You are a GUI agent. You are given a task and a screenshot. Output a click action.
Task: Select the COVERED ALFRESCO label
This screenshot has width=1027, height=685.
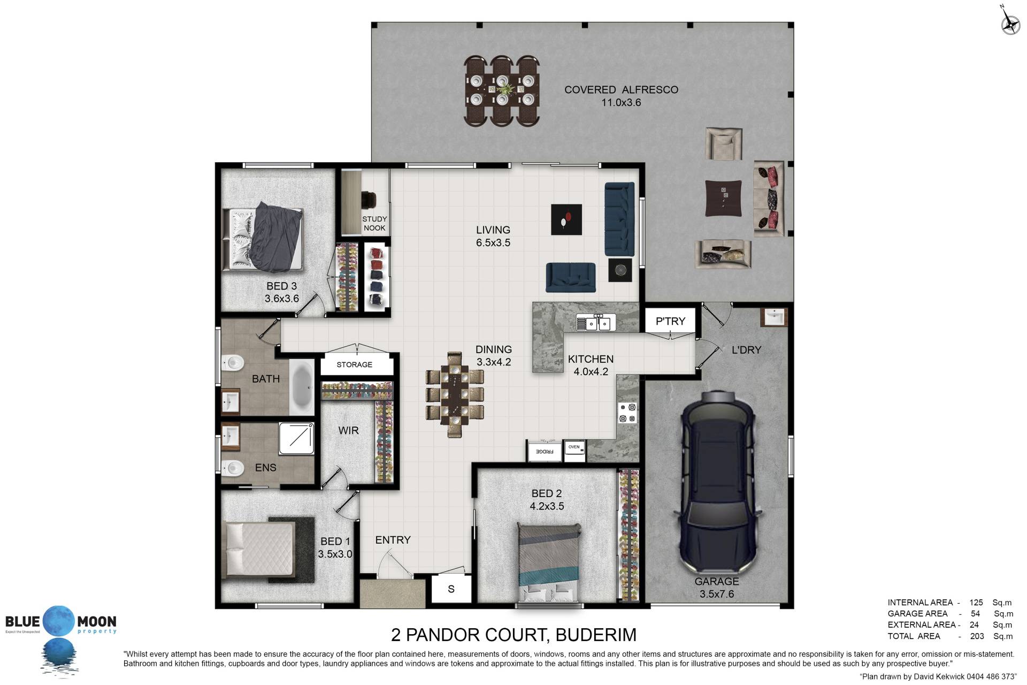[x=621, y=90]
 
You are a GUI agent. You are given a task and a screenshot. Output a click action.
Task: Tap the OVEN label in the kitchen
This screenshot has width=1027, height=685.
[x=574, y=447]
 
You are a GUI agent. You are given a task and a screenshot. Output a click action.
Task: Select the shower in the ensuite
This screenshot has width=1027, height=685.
[x=296, y=438]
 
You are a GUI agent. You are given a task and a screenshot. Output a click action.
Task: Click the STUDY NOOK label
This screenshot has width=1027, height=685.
[x=374, y=223]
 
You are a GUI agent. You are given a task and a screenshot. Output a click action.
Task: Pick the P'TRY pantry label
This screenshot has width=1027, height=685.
[x=670, y=321]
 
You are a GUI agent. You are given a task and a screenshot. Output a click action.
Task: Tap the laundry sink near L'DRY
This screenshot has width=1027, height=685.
[x=773, y=317]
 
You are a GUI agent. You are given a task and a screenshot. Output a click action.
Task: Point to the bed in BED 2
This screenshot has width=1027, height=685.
[x=549, y=564]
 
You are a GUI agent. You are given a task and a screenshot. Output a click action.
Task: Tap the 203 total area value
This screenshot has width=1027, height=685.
[x=977, y=636]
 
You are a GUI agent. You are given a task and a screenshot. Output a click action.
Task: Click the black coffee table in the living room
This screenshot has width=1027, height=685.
[x=566, y=219]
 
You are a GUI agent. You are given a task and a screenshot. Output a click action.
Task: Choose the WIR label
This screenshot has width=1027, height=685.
[x=348, y=431]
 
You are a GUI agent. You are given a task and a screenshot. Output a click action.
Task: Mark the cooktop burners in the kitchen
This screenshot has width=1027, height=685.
[x=627, y=413]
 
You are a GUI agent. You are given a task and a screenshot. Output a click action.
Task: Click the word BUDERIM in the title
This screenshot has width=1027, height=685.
[x=596, y=635]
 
